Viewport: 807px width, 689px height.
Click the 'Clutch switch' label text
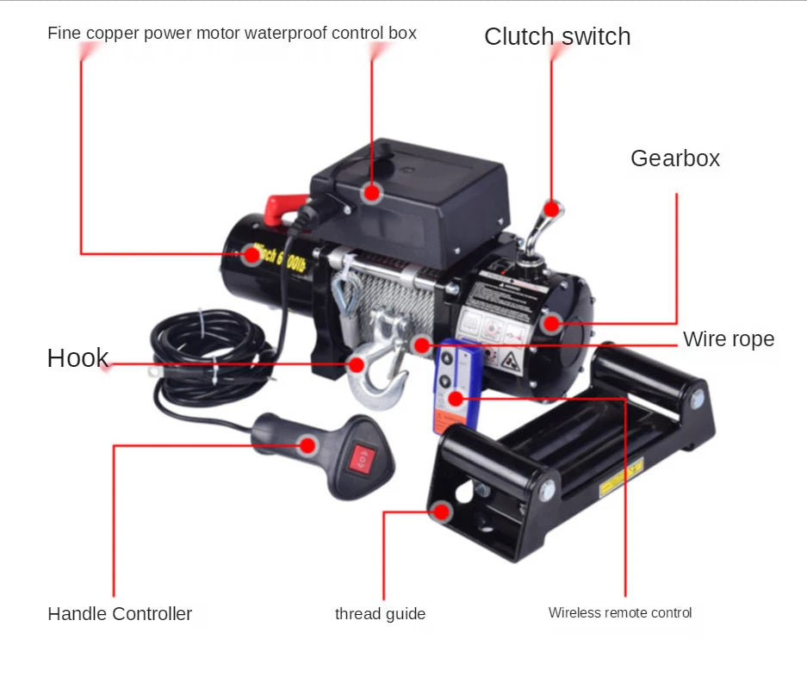click(557, 36)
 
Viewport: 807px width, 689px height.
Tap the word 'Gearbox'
click(674, 158)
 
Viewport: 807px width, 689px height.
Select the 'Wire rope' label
click(728, 339)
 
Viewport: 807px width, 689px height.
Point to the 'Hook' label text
click(78, 358)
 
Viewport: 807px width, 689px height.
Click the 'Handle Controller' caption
click(120, 614)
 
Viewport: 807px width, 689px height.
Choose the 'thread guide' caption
click(380, 614)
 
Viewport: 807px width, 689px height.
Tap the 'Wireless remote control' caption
click(620, 613)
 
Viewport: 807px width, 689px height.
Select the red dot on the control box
click(371, 192)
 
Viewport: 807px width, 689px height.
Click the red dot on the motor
click(251, 254)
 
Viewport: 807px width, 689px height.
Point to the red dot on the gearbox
click(552, 325)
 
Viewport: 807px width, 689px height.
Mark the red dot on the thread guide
click(443, 512)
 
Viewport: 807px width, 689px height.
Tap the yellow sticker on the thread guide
click(621, 477)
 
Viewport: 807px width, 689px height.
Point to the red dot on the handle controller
click(307, 444)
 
